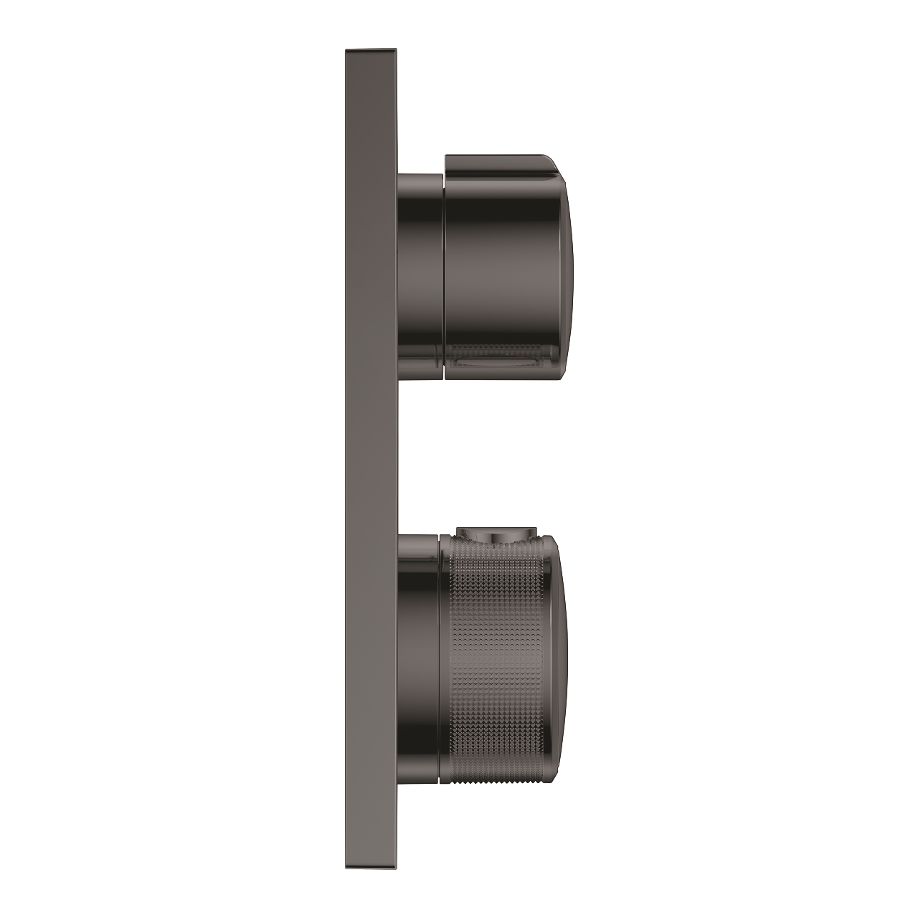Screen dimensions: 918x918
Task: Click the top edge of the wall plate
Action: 371,51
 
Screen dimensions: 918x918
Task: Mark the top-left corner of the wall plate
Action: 346,50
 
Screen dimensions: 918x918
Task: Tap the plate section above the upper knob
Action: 371,108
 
